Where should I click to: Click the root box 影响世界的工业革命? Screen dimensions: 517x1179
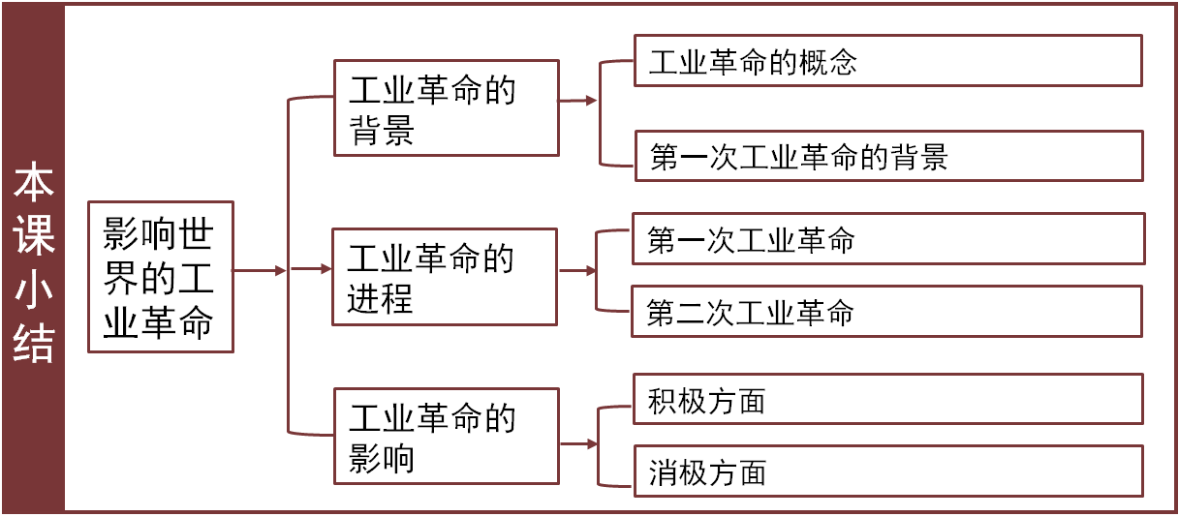161,277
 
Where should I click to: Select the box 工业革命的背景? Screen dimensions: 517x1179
446,107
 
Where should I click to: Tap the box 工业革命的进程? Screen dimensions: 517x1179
445,277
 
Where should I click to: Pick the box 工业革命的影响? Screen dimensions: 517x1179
446,436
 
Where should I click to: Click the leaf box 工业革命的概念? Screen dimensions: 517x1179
887,62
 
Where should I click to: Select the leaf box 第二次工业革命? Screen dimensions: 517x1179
887,312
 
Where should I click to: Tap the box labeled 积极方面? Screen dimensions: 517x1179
887,399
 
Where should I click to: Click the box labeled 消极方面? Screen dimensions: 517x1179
887,471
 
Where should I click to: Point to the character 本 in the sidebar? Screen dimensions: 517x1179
34,184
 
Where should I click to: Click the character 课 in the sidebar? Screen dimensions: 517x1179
34,237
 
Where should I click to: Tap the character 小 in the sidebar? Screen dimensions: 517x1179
34,291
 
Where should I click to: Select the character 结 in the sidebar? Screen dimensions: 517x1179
34,344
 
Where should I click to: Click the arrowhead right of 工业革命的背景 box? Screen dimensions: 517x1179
590,101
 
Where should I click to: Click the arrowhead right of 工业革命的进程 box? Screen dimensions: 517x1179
590,271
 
